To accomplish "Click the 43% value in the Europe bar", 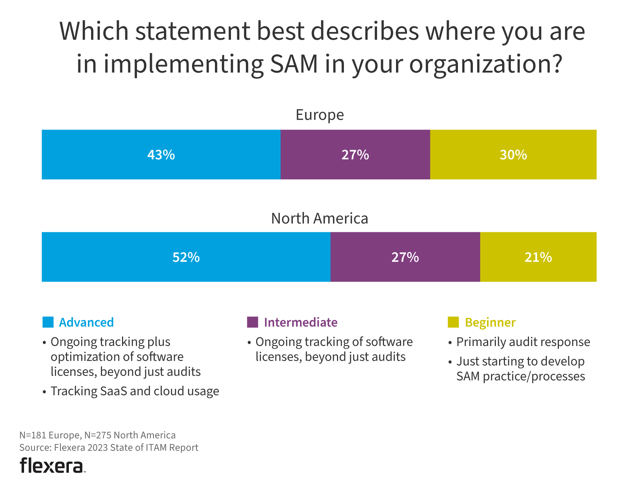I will [x=161, y=155].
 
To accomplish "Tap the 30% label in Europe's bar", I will [x=513, y=155].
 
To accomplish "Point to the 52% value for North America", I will [x=186, y=257].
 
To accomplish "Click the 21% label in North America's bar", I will [x=538, y=257].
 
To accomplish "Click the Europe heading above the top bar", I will [x=319, y=115].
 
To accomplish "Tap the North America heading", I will [x=319, y=218].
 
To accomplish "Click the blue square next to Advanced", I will [x=48, y=322].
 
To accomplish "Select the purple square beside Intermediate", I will [x=252, y=322].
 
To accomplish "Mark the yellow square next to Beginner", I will [x=453, y=322].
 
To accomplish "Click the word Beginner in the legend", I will [x=490, y=322].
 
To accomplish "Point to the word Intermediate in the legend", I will [x=301, y=322].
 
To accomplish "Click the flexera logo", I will [x=52, y=466].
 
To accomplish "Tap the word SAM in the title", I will [x=294, y=64].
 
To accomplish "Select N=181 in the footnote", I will [x=32, y=435].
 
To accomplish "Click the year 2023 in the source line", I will [x=98, y=447].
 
